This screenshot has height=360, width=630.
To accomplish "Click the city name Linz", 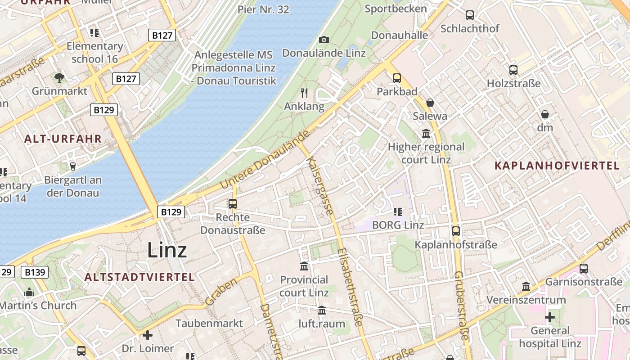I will (x=167, y=250).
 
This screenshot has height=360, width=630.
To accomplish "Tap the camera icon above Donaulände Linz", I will (x=324, y=40).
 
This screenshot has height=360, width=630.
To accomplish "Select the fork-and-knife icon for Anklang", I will (x=304, y=93).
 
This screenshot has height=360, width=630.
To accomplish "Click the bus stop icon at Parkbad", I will (x=396, y=78).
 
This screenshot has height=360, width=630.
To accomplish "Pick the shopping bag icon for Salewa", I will (x=430, y=103).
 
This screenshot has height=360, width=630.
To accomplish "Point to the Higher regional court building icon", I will (x=426, y=133).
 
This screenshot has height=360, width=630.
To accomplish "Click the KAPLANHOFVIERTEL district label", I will (x=557, y=166).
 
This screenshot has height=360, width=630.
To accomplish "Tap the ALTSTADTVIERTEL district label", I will (x=139, y=277).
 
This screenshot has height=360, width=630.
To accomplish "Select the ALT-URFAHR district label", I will (x=63, y=139).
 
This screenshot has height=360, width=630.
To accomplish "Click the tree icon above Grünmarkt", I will (x=59, y=77).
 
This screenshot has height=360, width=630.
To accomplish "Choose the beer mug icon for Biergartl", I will (x=72, y=166).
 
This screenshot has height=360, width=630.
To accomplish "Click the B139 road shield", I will (x=35, y=272).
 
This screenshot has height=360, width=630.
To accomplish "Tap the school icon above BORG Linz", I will (x=397, y=211).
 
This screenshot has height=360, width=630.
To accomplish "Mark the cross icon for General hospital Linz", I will (x=549, y=317).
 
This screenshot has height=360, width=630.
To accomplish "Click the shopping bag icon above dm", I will (x=545, y=114).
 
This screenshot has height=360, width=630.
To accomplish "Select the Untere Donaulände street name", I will (x=265, y=159).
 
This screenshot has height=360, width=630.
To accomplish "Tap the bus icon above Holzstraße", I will (x=513, y=70).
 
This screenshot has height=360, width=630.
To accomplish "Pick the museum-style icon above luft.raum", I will (x=322, y=310).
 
